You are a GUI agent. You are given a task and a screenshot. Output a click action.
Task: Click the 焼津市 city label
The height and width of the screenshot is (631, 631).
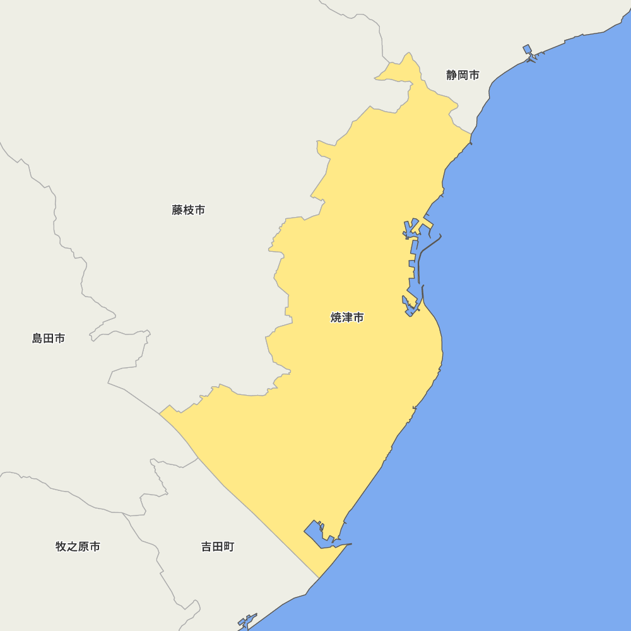tap(347, 317)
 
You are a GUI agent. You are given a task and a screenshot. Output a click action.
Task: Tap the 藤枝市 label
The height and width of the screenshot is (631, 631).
tap(188, 210)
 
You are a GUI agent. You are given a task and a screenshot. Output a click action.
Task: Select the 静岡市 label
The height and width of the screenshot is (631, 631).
tap(463, 75)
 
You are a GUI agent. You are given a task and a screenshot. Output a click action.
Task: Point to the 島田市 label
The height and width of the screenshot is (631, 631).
tap(49, 338)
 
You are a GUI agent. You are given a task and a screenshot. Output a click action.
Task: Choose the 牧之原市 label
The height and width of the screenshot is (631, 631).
tap(78, 546)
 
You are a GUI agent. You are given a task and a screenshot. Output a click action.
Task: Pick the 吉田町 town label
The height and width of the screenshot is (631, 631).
tap(218, 546)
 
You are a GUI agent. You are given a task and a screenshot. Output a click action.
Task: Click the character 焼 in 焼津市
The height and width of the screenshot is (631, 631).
tap(336, 317)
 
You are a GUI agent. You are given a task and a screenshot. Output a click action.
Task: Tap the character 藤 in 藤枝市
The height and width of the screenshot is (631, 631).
tap(177, 210)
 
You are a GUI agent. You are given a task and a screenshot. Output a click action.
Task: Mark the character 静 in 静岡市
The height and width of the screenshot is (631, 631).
tap(452, 75)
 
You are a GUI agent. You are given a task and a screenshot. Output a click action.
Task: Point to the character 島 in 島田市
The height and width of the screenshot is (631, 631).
tap(38, 338)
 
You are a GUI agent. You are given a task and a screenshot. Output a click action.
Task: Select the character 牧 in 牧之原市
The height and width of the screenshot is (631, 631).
tap(61, 546)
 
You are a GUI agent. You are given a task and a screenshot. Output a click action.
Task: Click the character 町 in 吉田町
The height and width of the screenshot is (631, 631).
tap(228, 546)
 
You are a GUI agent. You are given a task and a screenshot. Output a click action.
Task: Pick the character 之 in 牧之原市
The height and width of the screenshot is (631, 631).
tap(73, 546)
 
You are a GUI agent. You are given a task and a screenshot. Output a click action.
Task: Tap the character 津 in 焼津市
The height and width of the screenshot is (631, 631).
tap(347, 317)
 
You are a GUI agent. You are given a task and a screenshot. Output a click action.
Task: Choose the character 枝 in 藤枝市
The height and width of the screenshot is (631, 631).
tap(188, 210)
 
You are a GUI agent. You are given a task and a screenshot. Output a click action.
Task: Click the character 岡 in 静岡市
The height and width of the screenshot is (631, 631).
tap(463, 75)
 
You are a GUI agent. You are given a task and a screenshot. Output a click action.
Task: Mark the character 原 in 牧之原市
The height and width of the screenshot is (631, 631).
tap(83, 546)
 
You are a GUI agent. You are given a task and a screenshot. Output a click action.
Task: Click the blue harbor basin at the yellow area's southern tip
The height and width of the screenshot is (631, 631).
tap(315, 533)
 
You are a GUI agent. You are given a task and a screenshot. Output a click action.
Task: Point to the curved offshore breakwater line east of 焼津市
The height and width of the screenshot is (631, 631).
tap(420, 259)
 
